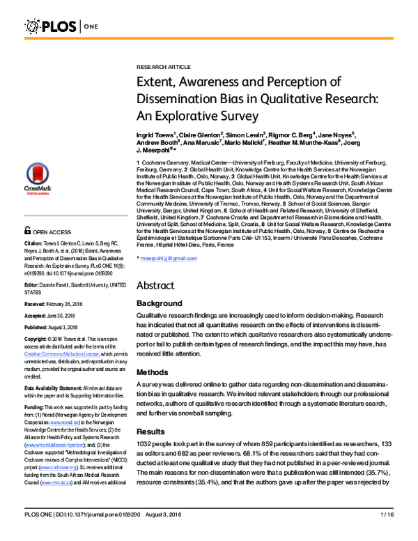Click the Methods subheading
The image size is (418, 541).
(x=153, y=372)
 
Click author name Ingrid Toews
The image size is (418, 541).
(x=155, y=133)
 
